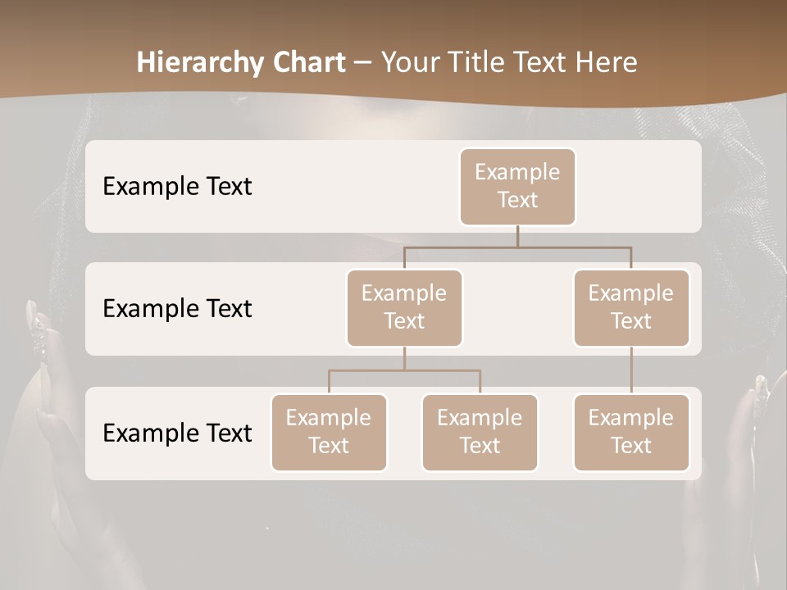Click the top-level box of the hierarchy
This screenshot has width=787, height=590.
(517, 186)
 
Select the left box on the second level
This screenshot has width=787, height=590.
(404, 307)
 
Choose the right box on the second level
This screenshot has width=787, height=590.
(631, 307)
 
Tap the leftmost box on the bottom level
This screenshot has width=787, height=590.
(329, 432)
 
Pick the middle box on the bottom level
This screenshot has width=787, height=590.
(480, 432)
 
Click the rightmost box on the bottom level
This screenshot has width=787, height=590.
(631, 432)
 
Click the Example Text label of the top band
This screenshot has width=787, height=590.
(177, 187)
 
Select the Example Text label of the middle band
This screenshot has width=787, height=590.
(177, 309)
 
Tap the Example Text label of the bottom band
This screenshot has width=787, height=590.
(177, 433)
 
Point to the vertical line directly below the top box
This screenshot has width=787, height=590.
(517, 236)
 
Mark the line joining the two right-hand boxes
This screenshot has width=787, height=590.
(631, 370)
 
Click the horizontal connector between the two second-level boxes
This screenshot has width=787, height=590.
(517, 247)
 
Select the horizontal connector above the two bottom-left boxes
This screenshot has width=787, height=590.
(404, 370)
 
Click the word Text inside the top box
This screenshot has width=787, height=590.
(517, 200)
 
